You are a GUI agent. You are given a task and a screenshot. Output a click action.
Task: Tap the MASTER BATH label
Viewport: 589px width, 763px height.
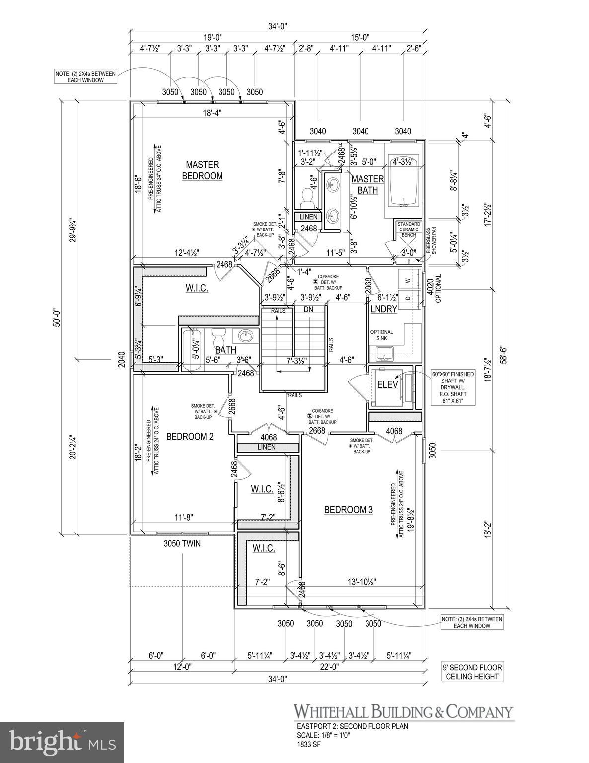pyautogui.click(x=368, y=184)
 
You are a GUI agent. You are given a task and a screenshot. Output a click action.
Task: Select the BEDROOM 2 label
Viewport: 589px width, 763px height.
pyautogui.click(x=190, y=436)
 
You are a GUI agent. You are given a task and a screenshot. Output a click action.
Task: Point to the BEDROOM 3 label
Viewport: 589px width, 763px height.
pyautogui.click(x=348, y=510)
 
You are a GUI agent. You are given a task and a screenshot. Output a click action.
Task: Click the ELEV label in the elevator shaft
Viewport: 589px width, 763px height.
pyautogui.click(x=385, y=384)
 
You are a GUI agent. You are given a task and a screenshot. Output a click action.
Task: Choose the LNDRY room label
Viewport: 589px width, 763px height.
pyautogui.click(x=384, y=309)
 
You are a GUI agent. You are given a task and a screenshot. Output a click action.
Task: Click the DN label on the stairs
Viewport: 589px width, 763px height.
pyautogui.click(x=308, y=309)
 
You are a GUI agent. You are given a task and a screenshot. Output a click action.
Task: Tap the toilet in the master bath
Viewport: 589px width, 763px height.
pyautogui.click(x=307, y=200)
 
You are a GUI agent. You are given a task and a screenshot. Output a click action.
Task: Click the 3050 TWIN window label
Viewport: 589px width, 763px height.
pyautogui.click(x=182, y=543)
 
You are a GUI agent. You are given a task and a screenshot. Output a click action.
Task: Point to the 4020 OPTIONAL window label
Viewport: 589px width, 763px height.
pyautogui.click(x=434, y=288)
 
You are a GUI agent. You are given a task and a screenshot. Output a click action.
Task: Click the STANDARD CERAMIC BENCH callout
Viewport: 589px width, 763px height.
pyautogui.click(x=409, y=229)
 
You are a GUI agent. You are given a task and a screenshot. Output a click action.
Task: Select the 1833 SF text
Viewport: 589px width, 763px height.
pyautogui.click(x=305, y=744)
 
